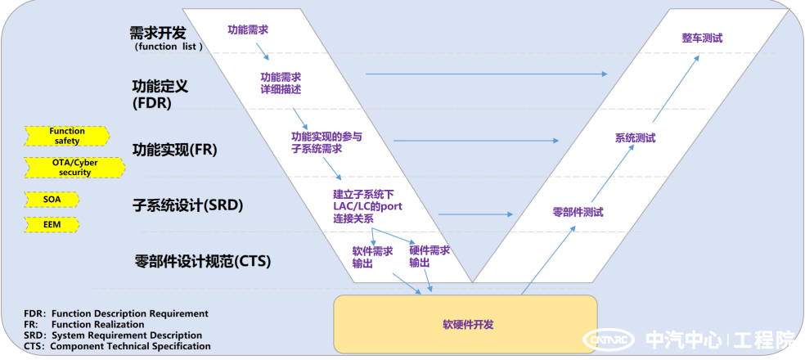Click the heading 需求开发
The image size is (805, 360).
pos(158,34)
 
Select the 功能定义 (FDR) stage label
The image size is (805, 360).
pos(160,94)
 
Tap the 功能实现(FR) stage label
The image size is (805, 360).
pos(175,151)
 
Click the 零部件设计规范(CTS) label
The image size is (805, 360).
pos(203,262)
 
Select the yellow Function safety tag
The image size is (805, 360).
pos(67,136)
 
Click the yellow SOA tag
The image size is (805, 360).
pos(52,199)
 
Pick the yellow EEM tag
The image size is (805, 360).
pos(52,224)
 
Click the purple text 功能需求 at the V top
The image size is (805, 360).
pos(248,30)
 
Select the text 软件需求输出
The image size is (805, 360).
pos(372,257)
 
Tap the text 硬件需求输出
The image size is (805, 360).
pos(429,257)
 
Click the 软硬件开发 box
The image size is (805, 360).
pos(465,324)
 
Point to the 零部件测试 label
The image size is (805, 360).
pos(578,212)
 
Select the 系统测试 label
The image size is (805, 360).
pos(635,138)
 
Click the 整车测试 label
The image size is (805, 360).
pos(702,38)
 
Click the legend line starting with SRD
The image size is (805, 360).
pos(113,335)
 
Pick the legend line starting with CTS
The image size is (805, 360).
pos(117,346)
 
